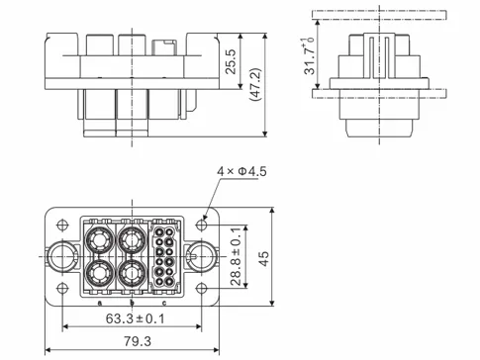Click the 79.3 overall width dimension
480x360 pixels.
131,341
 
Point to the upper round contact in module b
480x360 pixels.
132,239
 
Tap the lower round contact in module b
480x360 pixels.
132,274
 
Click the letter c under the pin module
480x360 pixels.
164,303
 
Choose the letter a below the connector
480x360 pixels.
99,303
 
